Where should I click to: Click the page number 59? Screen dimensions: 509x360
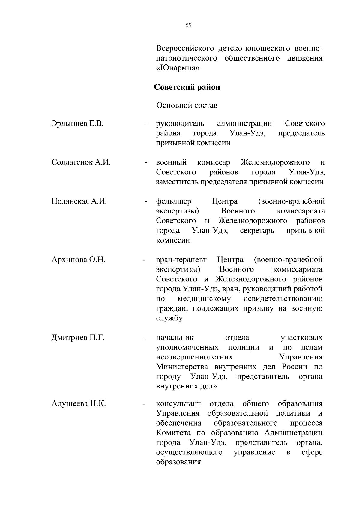tap(188, 25)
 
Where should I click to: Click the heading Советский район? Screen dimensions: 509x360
tap(187, 87)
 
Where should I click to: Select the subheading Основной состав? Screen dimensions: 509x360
tap(187, 105)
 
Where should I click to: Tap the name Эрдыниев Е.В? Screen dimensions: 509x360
tap(77, 123)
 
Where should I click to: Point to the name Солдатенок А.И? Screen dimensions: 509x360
tap(81, 162)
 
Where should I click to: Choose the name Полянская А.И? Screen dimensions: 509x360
tap(79, 201)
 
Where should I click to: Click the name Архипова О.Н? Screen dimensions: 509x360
tap(78, 259)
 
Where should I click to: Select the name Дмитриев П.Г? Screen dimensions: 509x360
tap(78, 338)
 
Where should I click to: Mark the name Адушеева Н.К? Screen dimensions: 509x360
tap(79, 403)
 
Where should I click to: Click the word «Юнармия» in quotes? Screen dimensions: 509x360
tap(178, 68)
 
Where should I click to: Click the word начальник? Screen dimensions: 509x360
tap(175, 338)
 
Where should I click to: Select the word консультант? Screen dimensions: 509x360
tap(178, 403)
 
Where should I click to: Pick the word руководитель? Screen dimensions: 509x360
tap(180, 124)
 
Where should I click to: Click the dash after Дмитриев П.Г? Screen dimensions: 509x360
tap(144, 338)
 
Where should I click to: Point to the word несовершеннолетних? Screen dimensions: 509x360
tap(194, 357)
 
